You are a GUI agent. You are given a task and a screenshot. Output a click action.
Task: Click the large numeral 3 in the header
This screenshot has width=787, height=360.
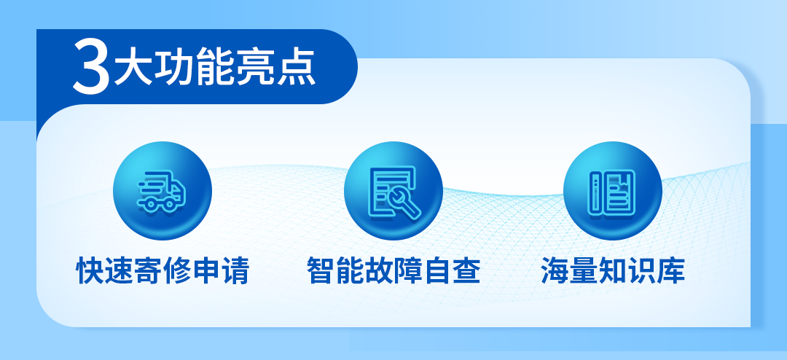pyautogui.click(x=91, y=68)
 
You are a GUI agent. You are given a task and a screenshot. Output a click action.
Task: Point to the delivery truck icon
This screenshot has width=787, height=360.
pyautogui.click(x=162, y=191)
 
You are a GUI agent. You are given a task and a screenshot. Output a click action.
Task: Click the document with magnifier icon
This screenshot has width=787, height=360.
pyautogui.click(x=393, y=191)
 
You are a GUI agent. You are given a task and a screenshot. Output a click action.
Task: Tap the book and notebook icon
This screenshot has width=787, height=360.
pyautogui.click(x=612, y=191)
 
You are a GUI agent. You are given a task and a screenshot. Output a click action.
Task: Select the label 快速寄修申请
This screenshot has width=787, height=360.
pyautogui.click(x=163, y=271)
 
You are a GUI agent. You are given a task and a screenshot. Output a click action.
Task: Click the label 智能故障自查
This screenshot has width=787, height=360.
pyautogui.click(x=393, y=271)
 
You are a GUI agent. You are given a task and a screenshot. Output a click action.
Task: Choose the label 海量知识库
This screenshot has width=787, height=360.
pyautogui.click(x=613, y=271)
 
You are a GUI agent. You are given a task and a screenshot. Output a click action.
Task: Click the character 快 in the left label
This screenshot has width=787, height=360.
pyautogui.click(x=90, y=271)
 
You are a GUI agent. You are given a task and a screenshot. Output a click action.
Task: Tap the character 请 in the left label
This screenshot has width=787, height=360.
pyautogui.click(x=235, y=271)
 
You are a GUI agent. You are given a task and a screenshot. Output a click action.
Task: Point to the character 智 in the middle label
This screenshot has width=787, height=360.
pyautogui.click(x=321, y=271)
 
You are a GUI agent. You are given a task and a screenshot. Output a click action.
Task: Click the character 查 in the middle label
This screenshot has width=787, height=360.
pyautogui.click(x=466, y=271)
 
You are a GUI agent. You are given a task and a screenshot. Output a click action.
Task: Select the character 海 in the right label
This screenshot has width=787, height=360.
pyautogui.click(x=555, y=271)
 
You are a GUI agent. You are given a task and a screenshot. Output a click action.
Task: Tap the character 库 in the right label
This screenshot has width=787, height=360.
pyautogui.click(x=671, y=271)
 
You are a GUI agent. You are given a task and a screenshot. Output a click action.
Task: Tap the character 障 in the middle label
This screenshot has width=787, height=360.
pyautogui.click(x=408, y=271)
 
